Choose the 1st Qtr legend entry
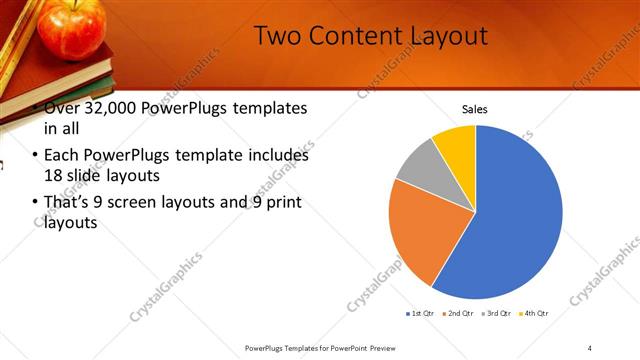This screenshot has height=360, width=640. tap(419, 314)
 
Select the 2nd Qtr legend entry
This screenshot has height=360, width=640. tap(459, 314)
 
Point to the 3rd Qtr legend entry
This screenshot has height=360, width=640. tap(498, 314)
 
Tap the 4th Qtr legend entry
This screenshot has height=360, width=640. tap(536, 314)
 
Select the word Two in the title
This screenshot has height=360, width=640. tap(277, 36)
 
